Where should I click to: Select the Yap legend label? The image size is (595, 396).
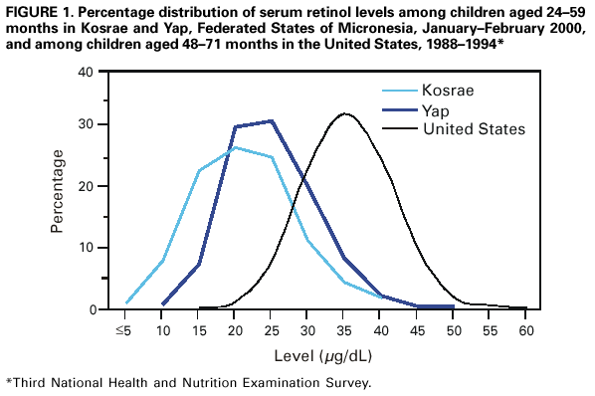click(x=436, y=109)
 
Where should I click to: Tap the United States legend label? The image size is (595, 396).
click(x=473, y=129)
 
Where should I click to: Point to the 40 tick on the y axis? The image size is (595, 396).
click(x=87, y=73)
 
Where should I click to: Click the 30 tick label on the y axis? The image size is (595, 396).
click(x=87, y=124)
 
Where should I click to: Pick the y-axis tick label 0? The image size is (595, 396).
click(x=91, y=309)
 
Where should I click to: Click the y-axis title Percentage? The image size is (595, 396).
click(x=59, y=191)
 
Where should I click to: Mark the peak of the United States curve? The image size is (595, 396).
click(x=345, y=113)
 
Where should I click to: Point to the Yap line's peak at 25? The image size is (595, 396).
click(x=272, y=121)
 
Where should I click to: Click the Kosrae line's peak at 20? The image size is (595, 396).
click(x=235, y=147)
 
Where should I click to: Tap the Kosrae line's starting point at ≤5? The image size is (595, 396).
click(x=126, y=302)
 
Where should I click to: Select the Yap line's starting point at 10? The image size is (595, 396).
click(x=162, y=304)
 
